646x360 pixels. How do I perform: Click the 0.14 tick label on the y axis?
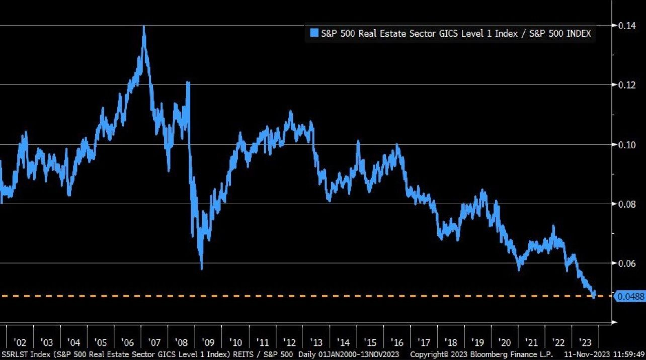click(626, 25)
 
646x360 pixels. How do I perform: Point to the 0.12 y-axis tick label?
click(626, 84)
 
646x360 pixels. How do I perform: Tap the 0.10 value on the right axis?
click(626, 145)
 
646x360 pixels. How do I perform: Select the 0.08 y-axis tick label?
click(626, 204)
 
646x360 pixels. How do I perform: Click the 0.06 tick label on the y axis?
click(626, 263)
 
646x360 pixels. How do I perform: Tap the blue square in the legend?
click(314, 34)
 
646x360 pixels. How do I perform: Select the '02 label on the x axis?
click(20, 342)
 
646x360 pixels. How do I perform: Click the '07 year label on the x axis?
click(154, 342)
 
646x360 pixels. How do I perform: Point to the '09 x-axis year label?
click(208, 342)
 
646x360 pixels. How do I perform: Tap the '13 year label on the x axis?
click(316, 342)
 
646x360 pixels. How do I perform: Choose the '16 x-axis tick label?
click(397, 342)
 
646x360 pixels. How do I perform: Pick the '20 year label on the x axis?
click(505, 342)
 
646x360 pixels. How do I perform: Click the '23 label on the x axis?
click(586, 342)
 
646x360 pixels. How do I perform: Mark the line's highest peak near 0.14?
click(144, 27)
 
